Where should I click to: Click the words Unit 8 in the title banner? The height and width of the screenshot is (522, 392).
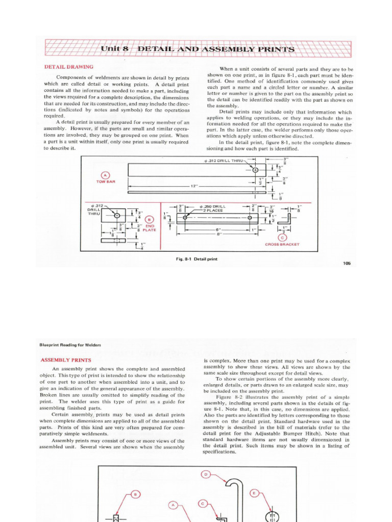[114, 49]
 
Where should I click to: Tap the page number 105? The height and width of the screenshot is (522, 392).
[347, 263]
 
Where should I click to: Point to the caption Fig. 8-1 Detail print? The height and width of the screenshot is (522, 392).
[197, 259]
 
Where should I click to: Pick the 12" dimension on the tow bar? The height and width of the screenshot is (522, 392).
[194, 186]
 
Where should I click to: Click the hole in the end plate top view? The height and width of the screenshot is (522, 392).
[117, 216]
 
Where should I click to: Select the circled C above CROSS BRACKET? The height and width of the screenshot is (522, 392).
[282, 237]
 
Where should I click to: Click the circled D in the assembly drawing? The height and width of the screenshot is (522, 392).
[206, 475]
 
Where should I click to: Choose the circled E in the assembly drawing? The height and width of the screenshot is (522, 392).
[255, 493]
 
